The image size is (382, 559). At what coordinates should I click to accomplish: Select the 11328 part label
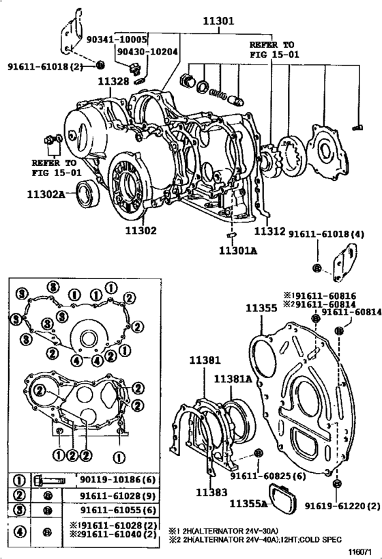click(113, 82)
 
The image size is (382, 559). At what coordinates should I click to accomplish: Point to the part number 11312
click(270, 231)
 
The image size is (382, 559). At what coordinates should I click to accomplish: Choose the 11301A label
click(237, 250)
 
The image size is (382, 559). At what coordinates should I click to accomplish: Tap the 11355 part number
click(261, 309)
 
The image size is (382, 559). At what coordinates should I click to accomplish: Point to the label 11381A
click(233, 378)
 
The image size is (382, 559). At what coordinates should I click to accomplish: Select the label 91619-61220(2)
click(341, 505)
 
